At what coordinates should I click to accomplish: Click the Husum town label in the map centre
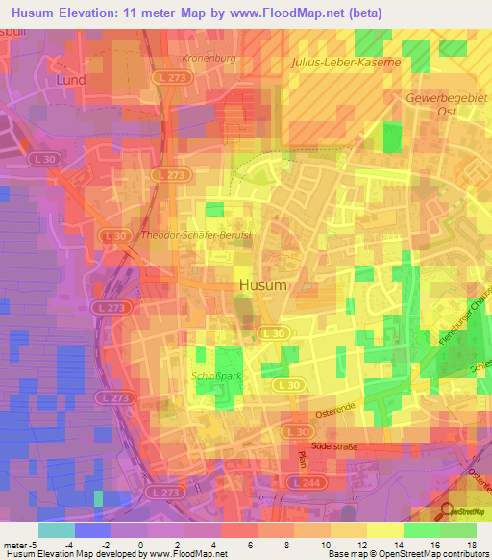click(262, 286)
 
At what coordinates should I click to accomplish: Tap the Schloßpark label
click(217, 376)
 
